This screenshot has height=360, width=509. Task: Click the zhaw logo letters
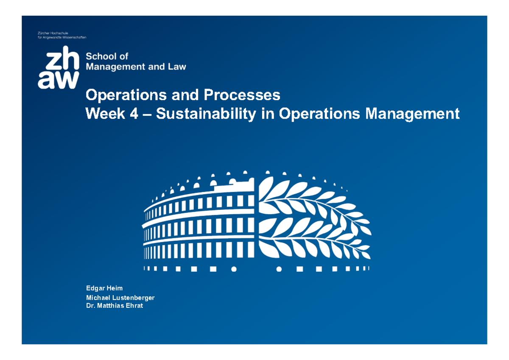click(58, 70)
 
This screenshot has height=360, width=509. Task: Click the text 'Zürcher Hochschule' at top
click(53, 33)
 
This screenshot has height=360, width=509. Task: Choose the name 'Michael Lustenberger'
click(120, 298)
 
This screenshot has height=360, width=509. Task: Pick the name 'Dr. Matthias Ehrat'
click(115, 306)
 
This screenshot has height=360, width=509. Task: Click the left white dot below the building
click(233, 269)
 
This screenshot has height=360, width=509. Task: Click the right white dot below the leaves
click(279, 269)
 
